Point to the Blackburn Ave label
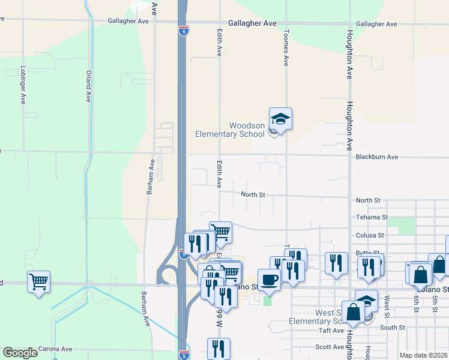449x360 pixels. [x=376, y=157]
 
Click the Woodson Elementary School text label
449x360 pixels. [x=230, y=130]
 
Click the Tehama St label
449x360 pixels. [x=372, y=217]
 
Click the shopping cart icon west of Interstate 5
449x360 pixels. [x=38, y=281]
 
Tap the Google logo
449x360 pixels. [x=20, y=352]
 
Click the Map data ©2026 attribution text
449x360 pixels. [x=423, y=355]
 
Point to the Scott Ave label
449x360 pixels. [x=330, y=347]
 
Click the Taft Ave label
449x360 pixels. [x=331, y=331]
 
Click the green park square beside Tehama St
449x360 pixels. [x=406, y=226]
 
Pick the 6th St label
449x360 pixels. [x=415, y=299]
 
